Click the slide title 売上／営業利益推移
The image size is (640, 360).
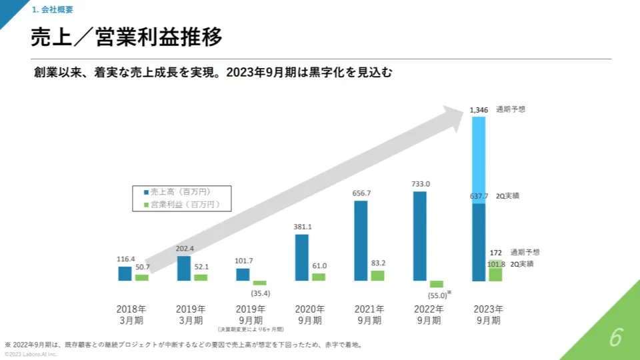127,37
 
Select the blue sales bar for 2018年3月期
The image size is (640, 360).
125,273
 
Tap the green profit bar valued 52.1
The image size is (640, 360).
201,277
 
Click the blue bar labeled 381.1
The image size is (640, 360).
301,257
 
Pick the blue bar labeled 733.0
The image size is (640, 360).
420,236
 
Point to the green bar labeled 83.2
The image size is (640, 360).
377,275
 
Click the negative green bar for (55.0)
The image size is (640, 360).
437,284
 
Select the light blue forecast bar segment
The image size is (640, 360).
479,160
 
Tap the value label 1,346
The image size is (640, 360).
479,109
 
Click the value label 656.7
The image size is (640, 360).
361,193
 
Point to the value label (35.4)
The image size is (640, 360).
260,293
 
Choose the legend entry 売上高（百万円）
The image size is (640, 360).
181,192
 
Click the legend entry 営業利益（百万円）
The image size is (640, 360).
181,204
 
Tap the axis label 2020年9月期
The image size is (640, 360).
311,315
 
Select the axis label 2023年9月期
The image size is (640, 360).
488,315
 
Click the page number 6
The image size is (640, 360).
615,338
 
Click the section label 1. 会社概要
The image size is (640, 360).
52,10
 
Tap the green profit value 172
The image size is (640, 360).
495,253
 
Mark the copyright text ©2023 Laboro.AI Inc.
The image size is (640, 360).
31,355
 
